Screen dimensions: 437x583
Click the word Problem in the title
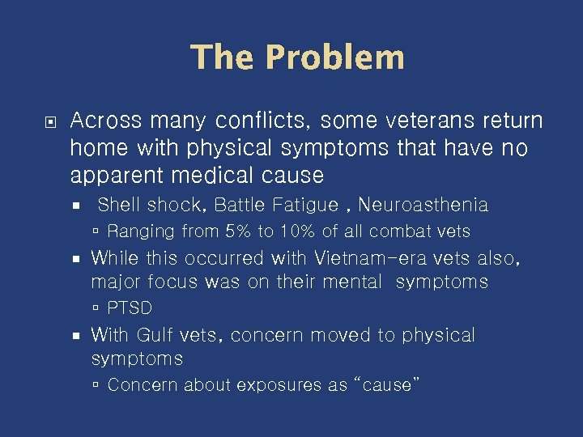(334, 57)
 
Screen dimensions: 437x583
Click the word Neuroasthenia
(423, 206)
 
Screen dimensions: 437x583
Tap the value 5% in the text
(239, 231)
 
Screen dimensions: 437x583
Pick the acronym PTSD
(130, 308)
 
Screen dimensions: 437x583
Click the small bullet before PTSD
(96, 308)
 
